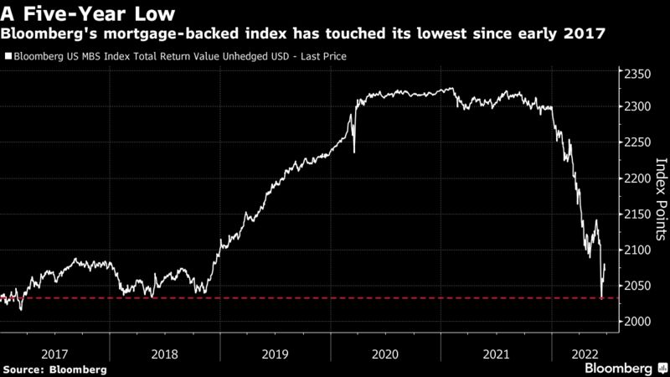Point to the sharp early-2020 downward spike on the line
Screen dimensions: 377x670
tap(353, 151)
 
